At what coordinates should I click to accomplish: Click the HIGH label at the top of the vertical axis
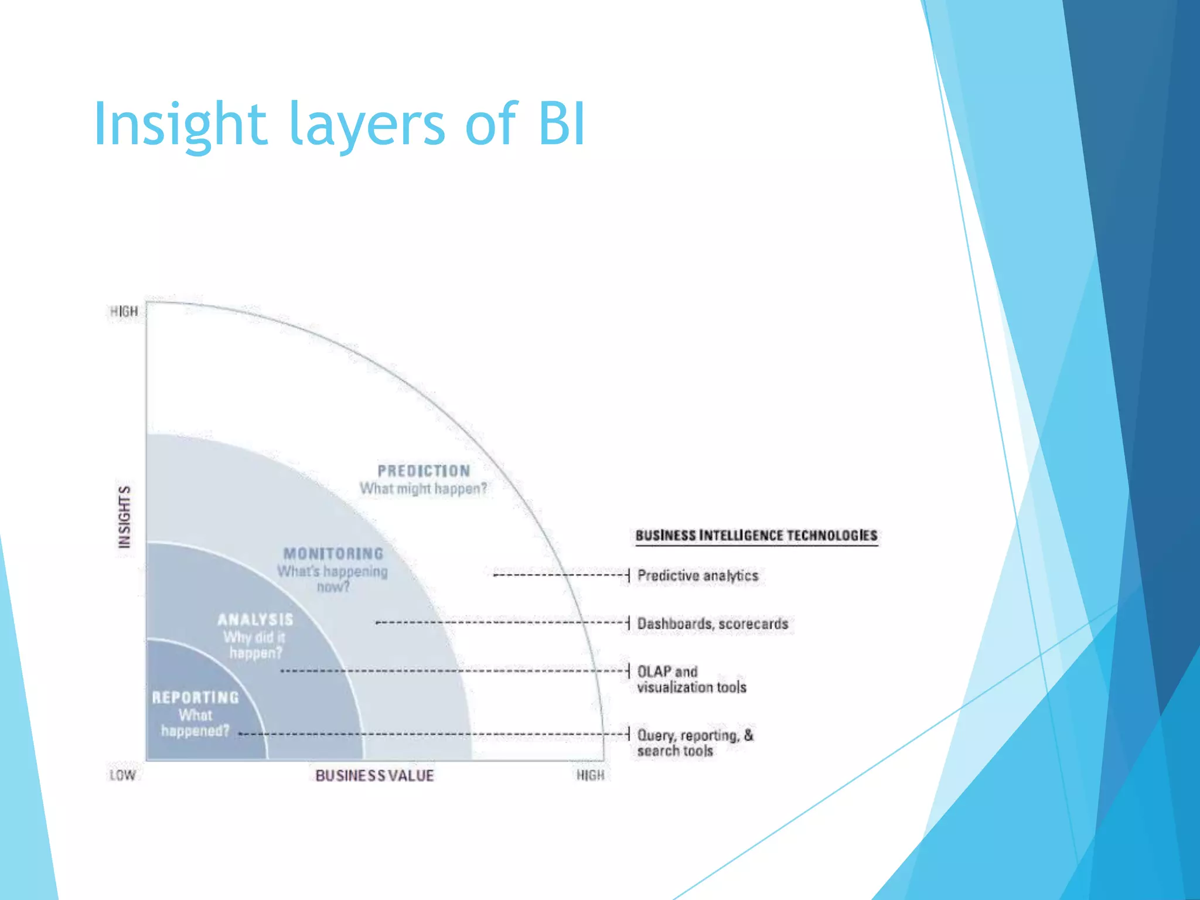(x=124, y=312)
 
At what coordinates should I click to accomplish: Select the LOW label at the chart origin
(x=122, y=775)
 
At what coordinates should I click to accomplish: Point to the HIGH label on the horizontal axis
(x=590, y=775)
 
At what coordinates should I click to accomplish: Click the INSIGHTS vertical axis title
(x=124, y=517)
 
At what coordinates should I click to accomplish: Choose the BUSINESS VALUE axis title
(x=374, y=776)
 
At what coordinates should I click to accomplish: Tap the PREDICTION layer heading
(x=424, y=471)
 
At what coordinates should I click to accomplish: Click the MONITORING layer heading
(x=333, y=554)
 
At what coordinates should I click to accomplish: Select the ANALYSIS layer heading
(x=255, y=619)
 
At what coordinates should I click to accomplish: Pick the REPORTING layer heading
(x=196, y=697)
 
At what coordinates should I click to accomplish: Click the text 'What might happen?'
(x=423, y=489)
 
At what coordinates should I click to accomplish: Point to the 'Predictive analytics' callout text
(x=697, y=575)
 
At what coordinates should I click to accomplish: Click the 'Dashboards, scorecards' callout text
(x=712, y=623)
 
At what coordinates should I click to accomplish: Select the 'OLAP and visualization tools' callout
(x=691, y=679)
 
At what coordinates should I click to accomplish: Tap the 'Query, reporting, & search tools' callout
(x=695, y=743)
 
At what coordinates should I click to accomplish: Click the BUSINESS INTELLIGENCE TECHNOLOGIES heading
(x=756, y=535)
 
